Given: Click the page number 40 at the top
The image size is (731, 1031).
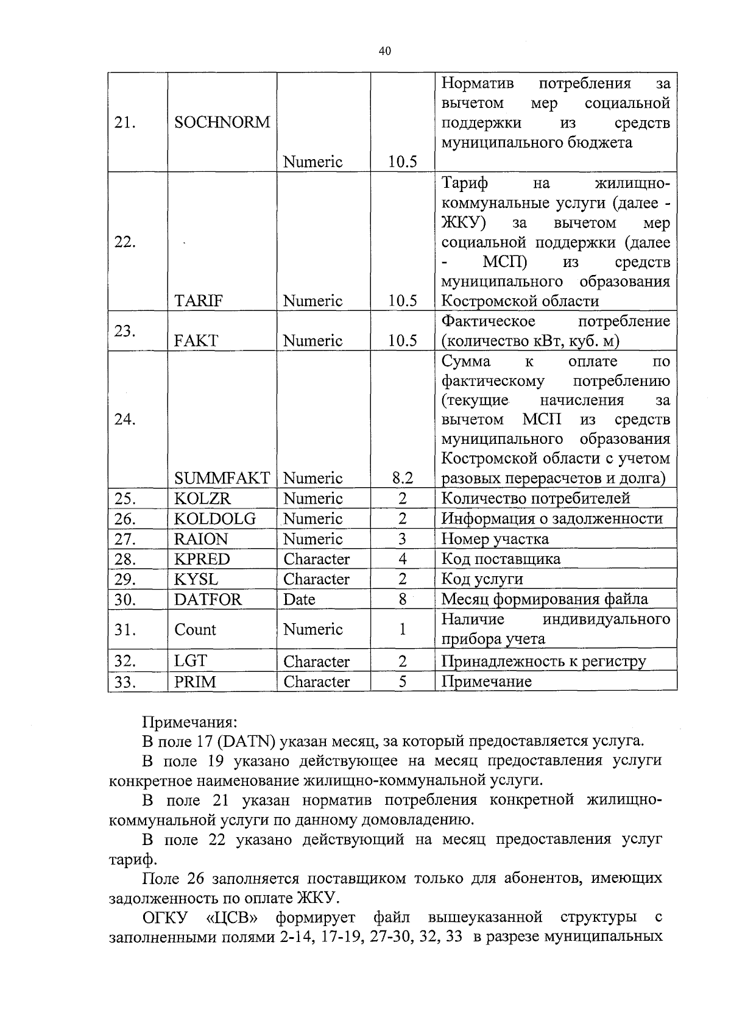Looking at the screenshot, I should (384, 51).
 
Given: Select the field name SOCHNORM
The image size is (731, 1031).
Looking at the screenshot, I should (222, 123).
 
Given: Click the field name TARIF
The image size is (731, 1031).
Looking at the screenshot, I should (199, 301).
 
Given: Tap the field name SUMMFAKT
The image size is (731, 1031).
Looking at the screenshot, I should (222, 478).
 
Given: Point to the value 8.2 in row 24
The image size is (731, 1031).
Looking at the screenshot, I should (403, 478).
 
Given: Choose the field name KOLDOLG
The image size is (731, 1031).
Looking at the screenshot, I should (214, 519).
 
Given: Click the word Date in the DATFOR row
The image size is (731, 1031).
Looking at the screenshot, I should (299, 599).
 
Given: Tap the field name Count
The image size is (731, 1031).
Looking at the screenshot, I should (195, 629).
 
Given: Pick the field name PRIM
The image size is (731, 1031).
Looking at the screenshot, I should (195, 682).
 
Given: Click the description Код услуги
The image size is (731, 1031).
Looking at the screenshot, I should (482, 579).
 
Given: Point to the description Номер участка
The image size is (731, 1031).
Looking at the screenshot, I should (495, 539).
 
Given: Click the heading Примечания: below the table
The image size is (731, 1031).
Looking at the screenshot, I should (189, 722).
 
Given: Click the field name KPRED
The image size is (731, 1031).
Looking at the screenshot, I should (202, 559).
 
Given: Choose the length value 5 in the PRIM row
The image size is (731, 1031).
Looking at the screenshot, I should (403, 682).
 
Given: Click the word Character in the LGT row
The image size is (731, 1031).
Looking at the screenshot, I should (316, 662).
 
